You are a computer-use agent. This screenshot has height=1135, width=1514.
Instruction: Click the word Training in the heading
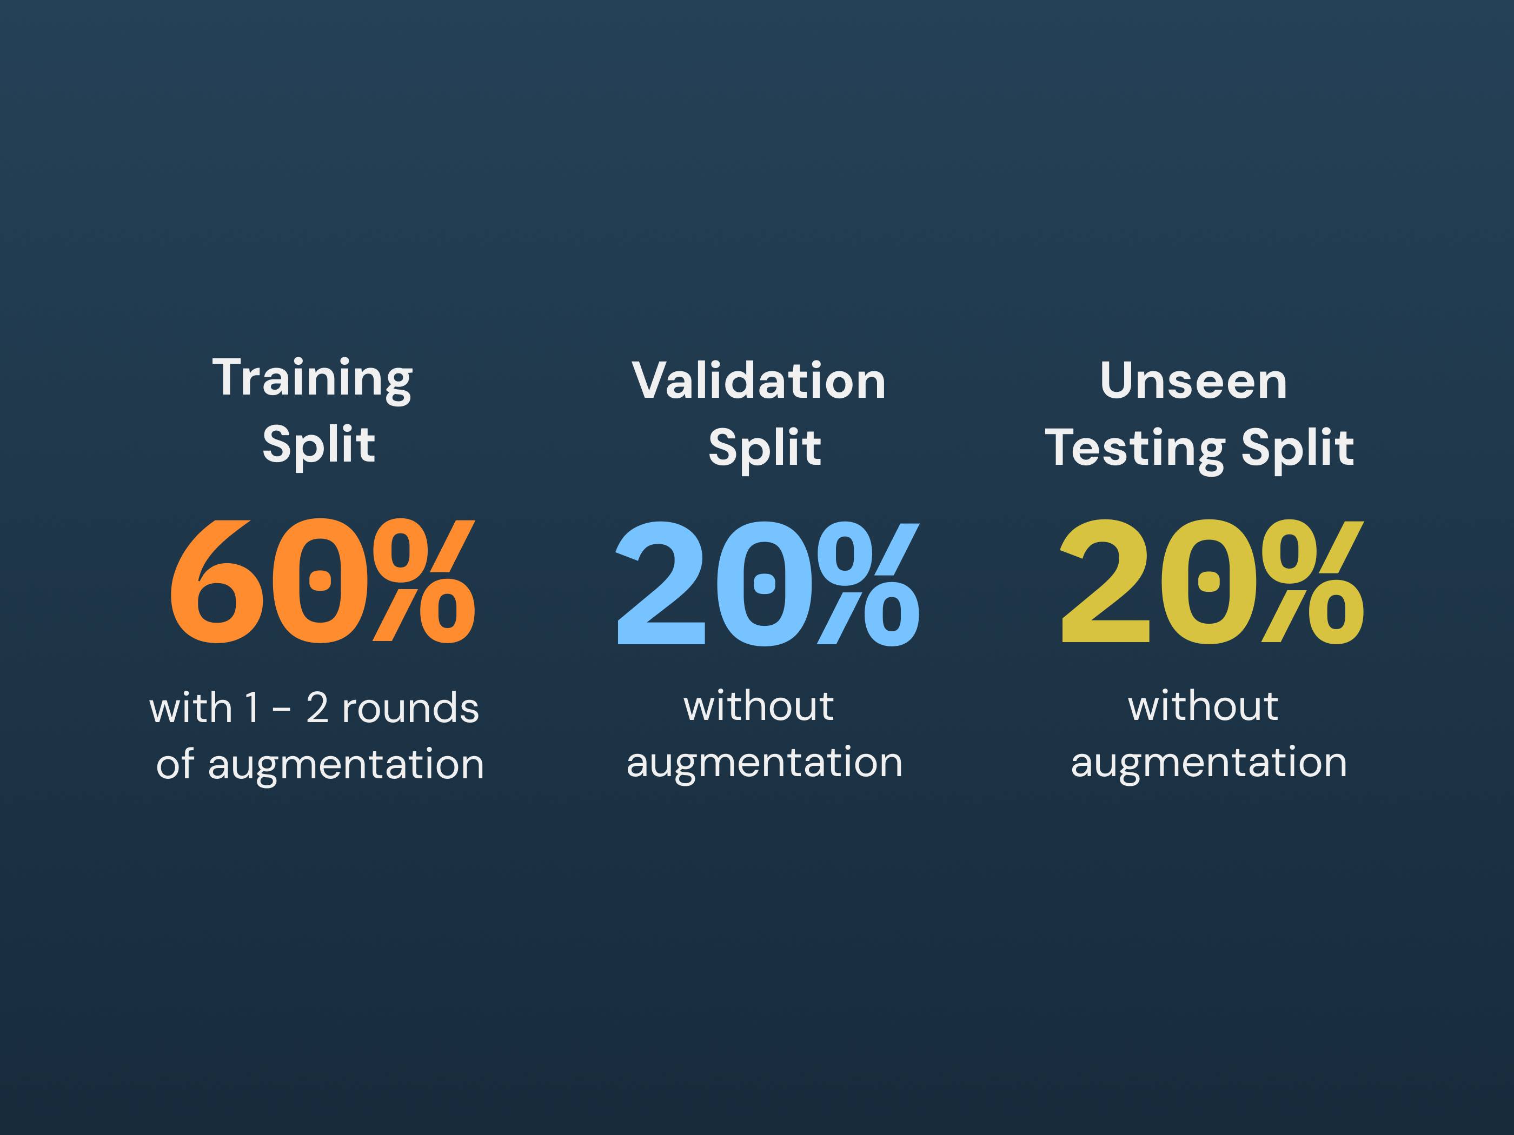(x=312, y=379)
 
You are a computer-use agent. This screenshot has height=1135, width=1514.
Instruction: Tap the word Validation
(x=759, y=380)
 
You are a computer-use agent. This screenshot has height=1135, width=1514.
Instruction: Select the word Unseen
(x=1194, y=380)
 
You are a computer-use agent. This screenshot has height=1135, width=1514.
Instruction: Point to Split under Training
(x=319, y=445)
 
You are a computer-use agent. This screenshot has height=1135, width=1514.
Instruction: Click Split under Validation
(x=765, y=449)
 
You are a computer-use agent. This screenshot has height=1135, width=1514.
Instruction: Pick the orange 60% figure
(x=322, y=581)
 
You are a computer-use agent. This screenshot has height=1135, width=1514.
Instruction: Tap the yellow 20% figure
(x=1212, y=582)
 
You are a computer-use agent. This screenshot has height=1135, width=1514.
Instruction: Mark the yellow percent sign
(x=1313, y=582)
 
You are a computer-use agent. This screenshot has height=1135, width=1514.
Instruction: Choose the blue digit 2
(x=661, y=583)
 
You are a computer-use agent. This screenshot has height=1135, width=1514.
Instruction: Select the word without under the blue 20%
(x=759, y=706)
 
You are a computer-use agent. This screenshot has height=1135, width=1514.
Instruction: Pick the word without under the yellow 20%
(x=1203, y=706)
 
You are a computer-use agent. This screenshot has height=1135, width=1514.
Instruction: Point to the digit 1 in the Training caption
(x=253, y=708)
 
